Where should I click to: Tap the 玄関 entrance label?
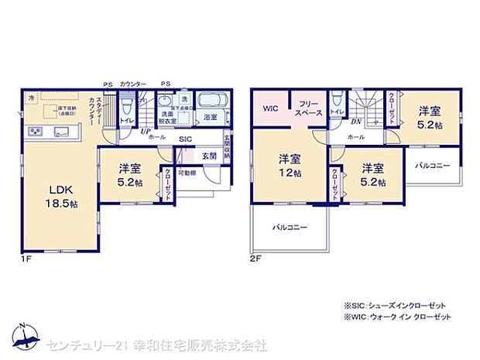tap(210, 156)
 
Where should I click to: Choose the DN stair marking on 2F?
tap(357, 122)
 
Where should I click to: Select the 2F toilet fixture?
tap(336, 103)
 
